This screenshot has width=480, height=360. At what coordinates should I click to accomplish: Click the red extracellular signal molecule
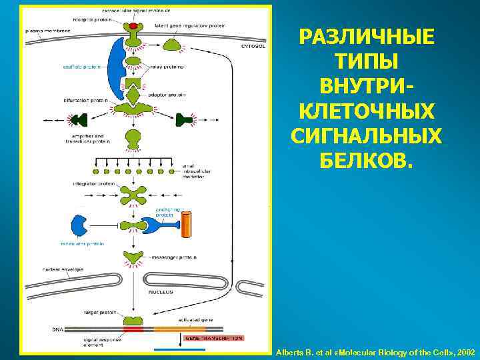click(134, 25)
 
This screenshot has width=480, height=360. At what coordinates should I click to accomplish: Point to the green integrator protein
click(134, 195)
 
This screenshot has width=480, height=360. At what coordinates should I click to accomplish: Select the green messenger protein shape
click(134, 257)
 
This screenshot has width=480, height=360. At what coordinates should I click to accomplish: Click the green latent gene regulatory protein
click(173, 45)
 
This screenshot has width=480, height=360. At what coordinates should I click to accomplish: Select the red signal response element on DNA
click(133, 329)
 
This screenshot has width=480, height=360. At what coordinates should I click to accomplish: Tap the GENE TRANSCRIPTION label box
click(213, 338)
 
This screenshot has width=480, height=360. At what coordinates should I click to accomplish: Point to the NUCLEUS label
click(160, 291)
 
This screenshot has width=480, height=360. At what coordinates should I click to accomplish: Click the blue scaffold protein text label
click(81, 66)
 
